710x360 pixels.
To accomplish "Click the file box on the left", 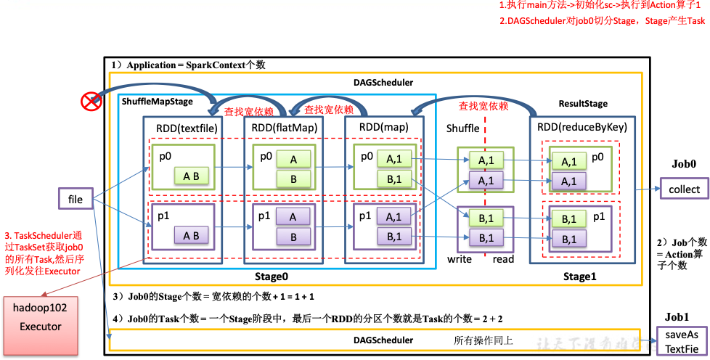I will (76, 198).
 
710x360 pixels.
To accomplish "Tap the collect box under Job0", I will (685, 189).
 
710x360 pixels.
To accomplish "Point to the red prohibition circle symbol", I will (91, 102).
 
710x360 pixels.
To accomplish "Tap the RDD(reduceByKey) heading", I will (582, 127).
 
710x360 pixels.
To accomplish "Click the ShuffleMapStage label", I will (158, 102).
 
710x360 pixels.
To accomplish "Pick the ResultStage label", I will (583, 104).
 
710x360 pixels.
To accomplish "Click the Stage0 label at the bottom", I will (272, 277).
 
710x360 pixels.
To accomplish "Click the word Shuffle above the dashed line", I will (462, 128).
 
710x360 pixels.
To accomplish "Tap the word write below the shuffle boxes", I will (459, 259).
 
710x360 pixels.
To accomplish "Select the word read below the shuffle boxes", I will (502, 259).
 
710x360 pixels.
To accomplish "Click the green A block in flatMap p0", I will (293, 159).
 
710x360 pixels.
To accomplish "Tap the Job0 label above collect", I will (685, 164).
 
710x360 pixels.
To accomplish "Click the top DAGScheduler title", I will (383, 83).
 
